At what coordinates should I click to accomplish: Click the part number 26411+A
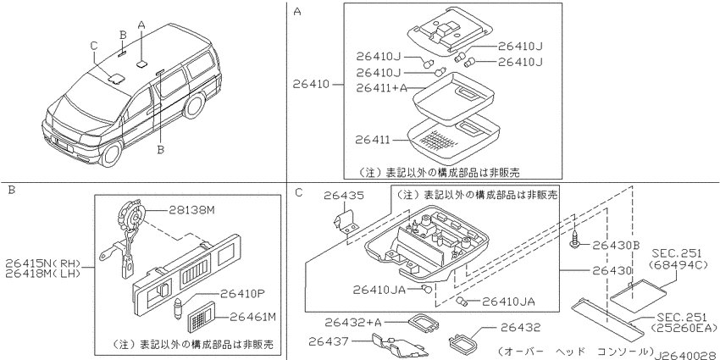click(382, 88)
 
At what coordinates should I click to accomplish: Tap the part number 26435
click(343, 196)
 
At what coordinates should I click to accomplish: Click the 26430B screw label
click(616, 245)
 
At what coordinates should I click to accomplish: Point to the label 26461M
click(253, 317)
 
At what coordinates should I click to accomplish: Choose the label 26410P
click(243, 293)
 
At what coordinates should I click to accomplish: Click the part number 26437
click(329, 341)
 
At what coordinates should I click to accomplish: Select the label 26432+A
click(353, 323)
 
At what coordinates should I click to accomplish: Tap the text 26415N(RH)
click(43, 263)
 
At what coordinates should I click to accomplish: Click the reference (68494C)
click(678, 265)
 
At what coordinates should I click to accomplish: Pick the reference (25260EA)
click(684, 328)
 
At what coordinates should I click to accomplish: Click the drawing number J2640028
click(686, 355)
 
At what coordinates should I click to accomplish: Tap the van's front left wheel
click(111, 153)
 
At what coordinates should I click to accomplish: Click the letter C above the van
click(94, 46)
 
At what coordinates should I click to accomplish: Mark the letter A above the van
click(141, 25)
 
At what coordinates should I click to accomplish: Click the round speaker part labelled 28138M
click(134, 215)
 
